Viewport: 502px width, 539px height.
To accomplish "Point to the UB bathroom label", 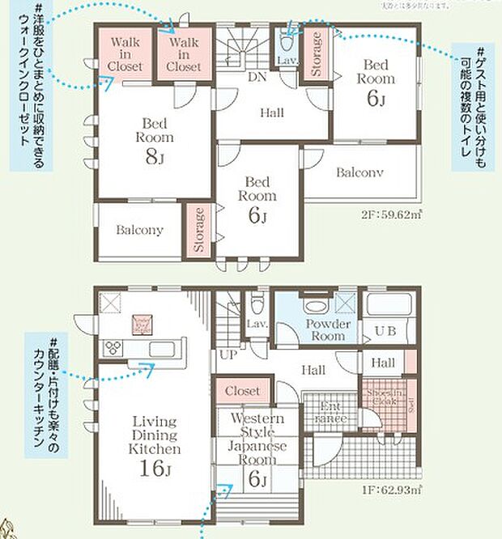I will coord(385,330).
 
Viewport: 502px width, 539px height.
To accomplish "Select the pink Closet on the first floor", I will coord(242,391).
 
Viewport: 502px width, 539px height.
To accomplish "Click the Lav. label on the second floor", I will coord(287,61).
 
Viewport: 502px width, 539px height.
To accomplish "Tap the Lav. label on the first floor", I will coord(257,324).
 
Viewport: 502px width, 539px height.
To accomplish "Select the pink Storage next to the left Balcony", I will coord(197,231).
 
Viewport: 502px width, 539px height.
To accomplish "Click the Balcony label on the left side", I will coord(139,230).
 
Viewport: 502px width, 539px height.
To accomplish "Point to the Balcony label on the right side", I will coord(359,172).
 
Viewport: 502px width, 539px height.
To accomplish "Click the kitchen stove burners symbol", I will coord(112,348).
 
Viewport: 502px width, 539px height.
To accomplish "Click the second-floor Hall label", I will coord(271,113).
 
